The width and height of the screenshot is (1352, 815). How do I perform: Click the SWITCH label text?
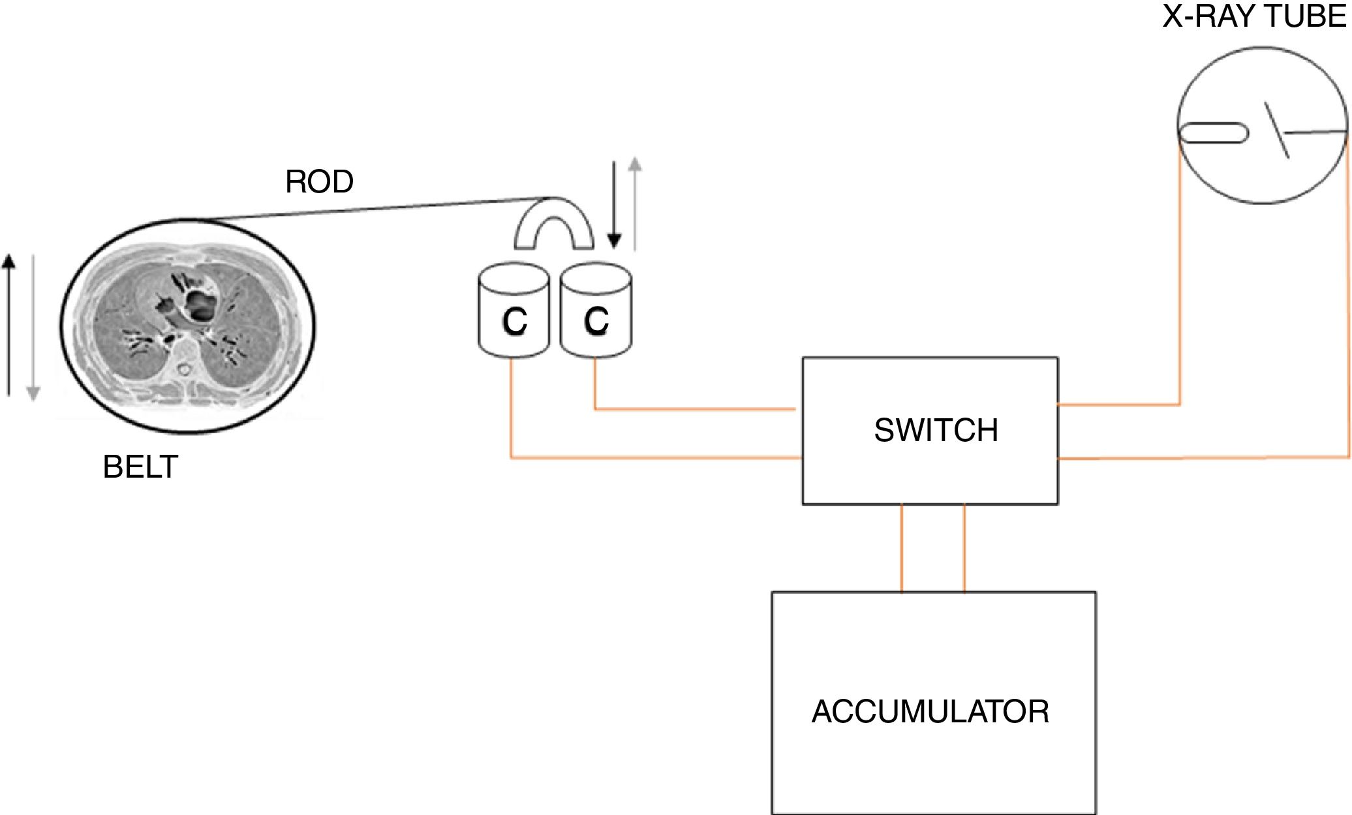click(x=936, y=431)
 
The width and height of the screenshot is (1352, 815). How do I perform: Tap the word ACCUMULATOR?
click(x=930, y=711)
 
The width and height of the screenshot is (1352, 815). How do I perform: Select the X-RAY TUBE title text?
click(x=1255, y=15)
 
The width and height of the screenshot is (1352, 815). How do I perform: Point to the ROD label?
click(x=319, y=181)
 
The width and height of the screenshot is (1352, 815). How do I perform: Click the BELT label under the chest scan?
click(x=140, y=467)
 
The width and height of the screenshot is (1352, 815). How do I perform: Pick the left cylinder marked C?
click(x=514, y=312)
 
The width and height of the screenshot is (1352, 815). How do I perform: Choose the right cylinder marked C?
click(x=596, y=311)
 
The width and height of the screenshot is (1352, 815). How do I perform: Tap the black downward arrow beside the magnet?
click(x=613, y=206)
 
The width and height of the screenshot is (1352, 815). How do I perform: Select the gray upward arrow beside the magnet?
click(x=635, y=204)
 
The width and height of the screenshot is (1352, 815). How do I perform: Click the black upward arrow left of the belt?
click(x=8, y=325)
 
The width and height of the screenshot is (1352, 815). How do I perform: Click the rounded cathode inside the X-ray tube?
click(x=1213, y=133)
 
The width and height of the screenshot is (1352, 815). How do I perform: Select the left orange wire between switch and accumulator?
click(x=902, y=548)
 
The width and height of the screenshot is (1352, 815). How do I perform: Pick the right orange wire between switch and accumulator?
click(x=964, y=548)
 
